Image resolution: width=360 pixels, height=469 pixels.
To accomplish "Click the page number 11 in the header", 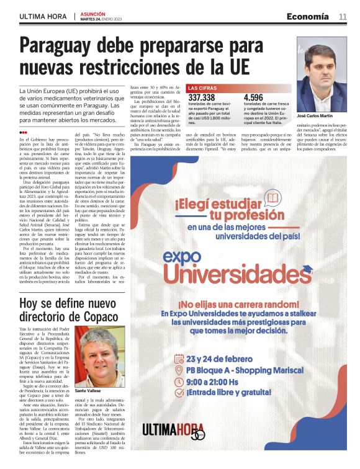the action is point(343,17).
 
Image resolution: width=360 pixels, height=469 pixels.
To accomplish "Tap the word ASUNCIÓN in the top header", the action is point(93,13).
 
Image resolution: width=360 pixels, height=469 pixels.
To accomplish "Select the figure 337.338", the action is point(202,97).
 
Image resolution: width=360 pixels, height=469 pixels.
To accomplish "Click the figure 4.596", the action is point(254,97).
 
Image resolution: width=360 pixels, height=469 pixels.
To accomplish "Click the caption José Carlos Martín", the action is point(315,117).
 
